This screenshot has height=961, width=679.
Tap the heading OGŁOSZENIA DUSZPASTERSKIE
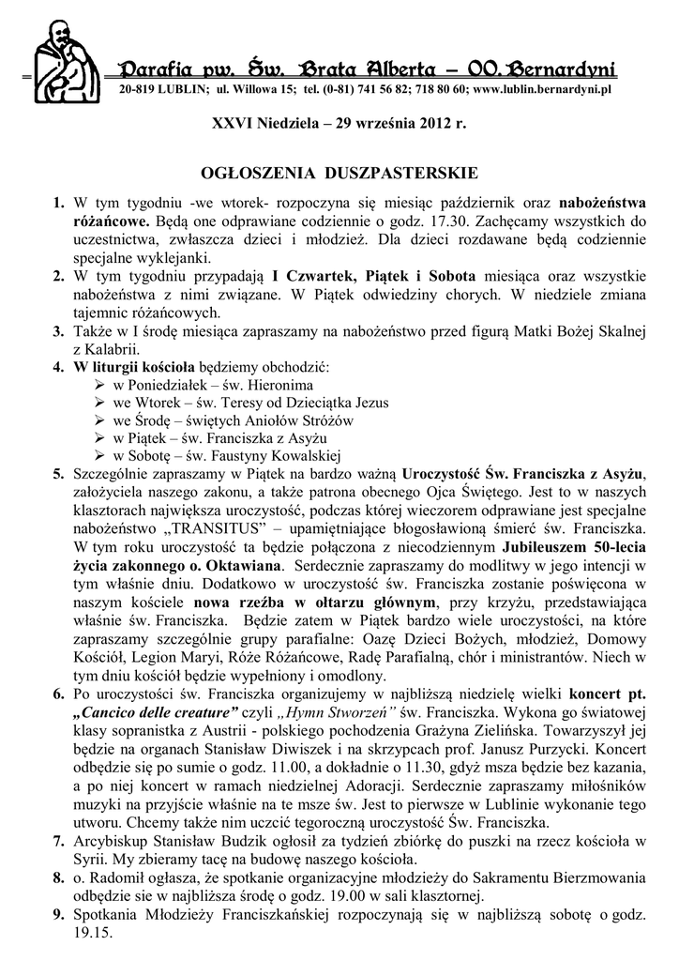pyautogui.click(x=340, y=174)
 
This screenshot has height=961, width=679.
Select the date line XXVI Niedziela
pyautogui.click(x=339, y=123)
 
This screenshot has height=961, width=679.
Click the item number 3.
pyautogui.click(x=58, y=331)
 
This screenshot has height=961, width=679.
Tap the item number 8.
pyautogui.click(x=58, y=875)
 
